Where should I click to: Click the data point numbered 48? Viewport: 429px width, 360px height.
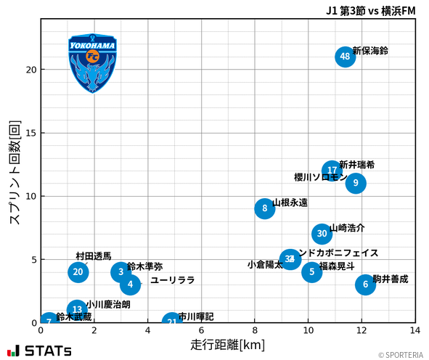(x=346, y=57)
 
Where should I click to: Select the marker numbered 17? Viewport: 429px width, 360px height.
(x=332, y=171)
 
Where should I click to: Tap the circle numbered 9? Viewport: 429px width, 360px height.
(x=356, y=183)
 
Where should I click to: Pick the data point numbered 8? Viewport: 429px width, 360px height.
(x=266, y=209)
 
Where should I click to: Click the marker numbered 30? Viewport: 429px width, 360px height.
(x=322, y=234)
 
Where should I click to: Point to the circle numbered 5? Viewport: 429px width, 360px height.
(x=311, y=272)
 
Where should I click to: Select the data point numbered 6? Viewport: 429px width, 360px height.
(x=365, y=285)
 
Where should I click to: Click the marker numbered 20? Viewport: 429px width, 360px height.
(x=78, y=272)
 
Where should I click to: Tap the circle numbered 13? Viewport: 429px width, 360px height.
(x=78, y=310)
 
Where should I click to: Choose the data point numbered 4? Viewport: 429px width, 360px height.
(x=130, y=285)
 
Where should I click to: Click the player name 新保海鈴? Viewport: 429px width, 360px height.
(x=370, y=51)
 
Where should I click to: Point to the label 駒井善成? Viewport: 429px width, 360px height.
(x=391, y=279)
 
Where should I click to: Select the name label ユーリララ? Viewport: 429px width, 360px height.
(x=173, y=280)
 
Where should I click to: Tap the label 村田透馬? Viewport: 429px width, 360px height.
(x=94, y=256)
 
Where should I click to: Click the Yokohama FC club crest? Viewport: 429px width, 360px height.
(x=93, y=64)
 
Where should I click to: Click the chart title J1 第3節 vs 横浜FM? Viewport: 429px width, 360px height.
(x=371, y=10)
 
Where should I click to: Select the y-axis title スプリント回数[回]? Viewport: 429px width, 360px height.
(x=15, y=172)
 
